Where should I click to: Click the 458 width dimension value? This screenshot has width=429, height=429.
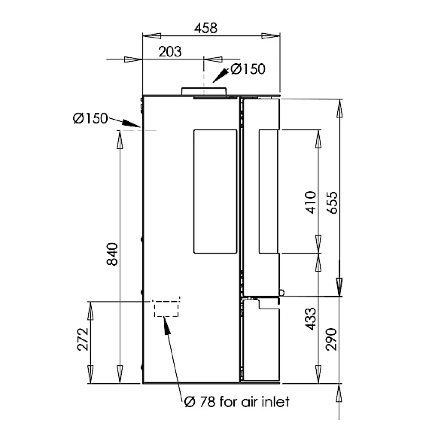coord(206,28)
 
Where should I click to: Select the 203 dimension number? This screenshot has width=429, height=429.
coord(170,52)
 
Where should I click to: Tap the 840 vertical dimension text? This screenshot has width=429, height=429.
coord(112,254)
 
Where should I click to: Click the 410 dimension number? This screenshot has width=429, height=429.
coord(310,202)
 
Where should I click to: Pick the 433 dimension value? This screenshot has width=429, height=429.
coord(310,319)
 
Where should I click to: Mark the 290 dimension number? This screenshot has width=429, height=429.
coord(331,339)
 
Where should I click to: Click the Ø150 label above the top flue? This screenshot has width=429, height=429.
coord(248,69)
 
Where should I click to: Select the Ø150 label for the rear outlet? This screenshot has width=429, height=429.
coord(90,118)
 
